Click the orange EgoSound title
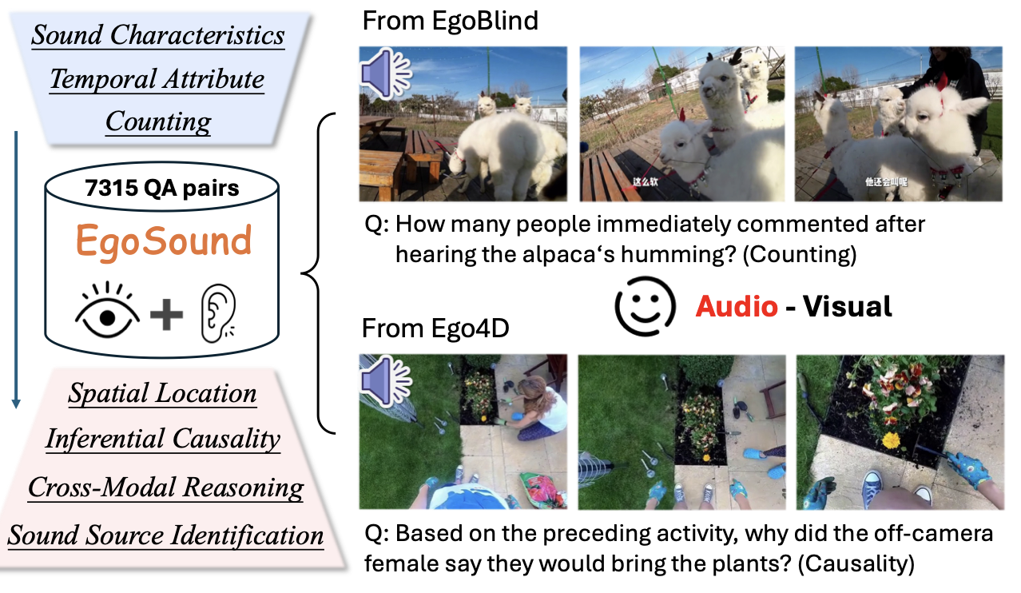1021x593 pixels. pyautogui.click(x=164, y=241)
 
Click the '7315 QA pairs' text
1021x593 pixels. pyautogui.click(x=163, y=189)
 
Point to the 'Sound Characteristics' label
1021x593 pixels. pyautogui.click(x=158, y=35)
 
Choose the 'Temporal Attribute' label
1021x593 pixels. pyautogui.click(x=157, y=79)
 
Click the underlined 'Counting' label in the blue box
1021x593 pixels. pyautogui.click(x=158, y=121)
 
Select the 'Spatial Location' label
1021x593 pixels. pyautogui.click(x=163, y=393)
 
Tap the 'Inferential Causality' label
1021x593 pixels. pyautogui.click(x=163, y=439)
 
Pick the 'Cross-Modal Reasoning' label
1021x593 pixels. pyautogui.click(x=165, y=488)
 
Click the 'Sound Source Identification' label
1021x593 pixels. pyautogui.click(x=165, y=535)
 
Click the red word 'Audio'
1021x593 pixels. pyautogui.click(x=737, y=306)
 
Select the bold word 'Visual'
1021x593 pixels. pyautogui.click(x=847, y=306)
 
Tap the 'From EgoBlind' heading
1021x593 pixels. pyautogui.click(x=450, y=21)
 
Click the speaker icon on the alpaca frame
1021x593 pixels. pyautogui.click(x=385, y=72)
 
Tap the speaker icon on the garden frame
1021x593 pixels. pyautogui.click(x=385, y=379)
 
